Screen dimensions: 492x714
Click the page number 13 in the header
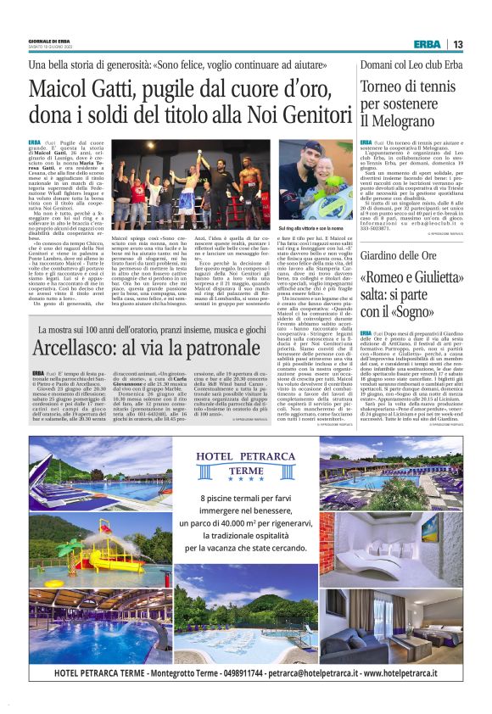point(457,44)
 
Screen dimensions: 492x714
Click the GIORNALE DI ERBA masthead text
point(48,39)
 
